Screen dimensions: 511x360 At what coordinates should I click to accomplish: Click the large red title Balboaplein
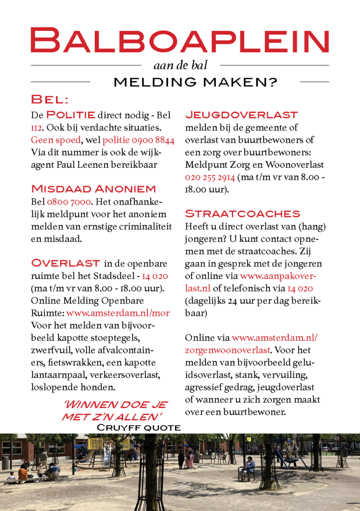point(180,40)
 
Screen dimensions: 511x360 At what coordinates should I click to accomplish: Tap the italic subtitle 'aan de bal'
point(180,65)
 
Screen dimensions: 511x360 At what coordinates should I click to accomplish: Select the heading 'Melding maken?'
point(195,82)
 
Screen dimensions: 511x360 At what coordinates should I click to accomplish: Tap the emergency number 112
point(36,128)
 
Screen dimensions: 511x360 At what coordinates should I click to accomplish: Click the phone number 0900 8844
point(157,140)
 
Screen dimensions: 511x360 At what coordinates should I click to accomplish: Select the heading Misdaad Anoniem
point(93,189)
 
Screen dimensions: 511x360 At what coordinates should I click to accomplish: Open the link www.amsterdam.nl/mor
point(118,313)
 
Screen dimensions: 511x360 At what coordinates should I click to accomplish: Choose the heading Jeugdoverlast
point(241,115)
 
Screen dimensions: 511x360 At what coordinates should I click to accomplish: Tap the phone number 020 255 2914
point(210,177)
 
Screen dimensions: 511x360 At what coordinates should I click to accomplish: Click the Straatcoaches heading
point(242,214)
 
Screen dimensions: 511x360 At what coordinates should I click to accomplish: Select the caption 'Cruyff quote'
point(138,428)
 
